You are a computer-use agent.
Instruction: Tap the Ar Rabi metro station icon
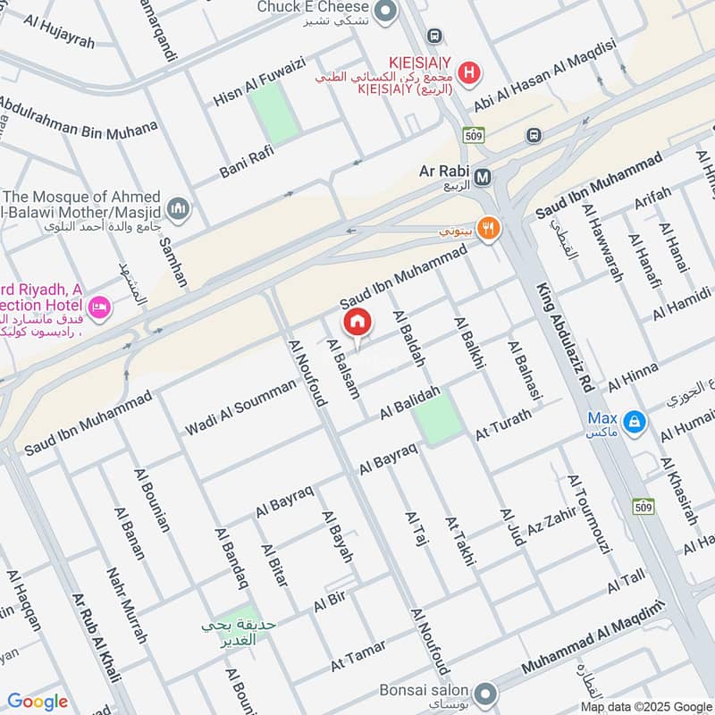coord(484,177)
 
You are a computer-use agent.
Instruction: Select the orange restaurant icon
coord(488,228)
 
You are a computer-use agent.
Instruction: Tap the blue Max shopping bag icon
coord(634,420)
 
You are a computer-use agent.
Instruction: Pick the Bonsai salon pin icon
coord(485,693)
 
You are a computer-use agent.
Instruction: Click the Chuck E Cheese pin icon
coord(385,12)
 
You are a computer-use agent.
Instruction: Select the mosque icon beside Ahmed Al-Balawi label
coord(179,207)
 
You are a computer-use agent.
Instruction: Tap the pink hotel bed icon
coord(99,307)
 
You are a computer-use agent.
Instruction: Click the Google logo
coord(38,702)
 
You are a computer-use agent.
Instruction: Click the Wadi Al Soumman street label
coord(240,408)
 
